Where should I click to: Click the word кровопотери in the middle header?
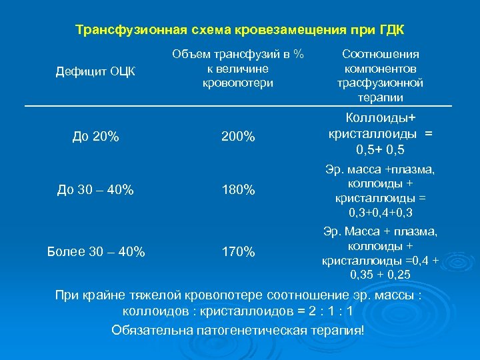click(237, 83)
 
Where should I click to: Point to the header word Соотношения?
click(380, 55)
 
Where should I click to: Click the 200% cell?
click(237, 137)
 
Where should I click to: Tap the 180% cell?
click(237, 190)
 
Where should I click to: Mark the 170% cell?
click(237, 251)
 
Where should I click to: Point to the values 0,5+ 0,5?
click(380, 149)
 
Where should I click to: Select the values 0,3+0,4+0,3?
click(380, 213)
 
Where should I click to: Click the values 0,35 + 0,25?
click(380, 274)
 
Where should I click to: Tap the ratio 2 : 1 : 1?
click(333, 311)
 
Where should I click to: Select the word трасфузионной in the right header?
click(380, 83)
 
